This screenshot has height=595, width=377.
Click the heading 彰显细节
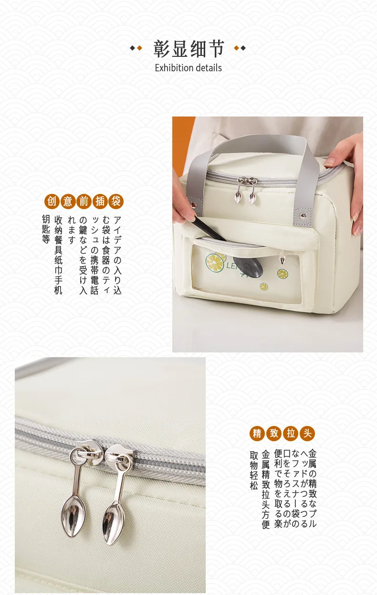[x=189, y=49]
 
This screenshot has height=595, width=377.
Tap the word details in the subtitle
[x=209, y=68]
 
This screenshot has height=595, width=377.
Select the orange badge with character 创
[x=52, y=201]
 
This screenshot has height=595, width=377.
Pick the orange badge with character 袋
[x=116, y=201]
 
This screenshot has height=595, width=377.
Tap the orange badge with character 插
[x=100, y=201]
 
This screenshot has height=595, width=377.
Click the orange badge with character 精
[x=257, y=433]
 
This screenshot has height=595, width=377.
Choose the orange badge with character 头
[x=307, y=433]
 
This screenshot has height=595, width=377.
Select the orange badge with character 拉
[x=291, y=433]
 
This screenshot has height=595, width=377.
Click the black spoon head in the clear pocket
[x=248, y=266]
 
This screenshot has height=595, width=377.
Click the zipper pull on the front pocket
[x=282, y=258]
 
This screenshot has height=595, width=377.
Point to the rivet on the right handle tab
[x=303, y=216]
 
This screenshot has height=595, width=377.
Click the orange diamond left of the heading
[x=139, y=48]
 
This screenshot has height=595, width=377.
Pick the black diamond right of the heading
[x=243, y=48]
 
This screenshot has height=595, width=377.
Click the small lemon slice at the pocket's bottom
[x=263, y=287]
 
